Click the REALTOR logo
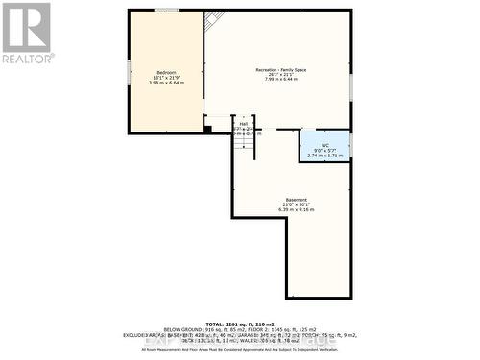26,33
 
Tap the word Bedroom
166,73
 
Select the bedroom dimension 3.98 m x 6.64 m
166,83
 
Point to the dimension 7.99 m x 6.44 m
280,82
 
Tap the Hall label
243,124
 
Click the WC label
325,144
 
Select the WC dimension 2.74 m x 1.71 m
325,155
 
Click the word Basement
296,200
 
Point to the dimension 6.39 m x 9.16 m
296,210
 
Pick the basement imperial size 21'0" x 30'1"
296,204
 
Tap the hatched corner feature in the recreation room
215,17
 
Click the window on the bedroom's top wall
166,10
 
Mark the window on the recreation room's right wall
351,86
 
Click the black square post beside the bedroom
207,128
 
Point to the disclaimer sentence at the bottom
240,349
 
